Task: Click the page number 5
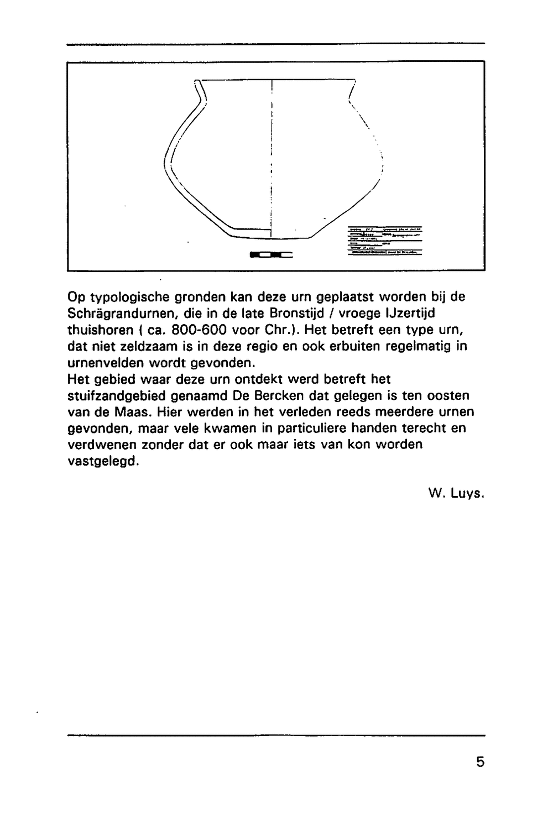click(479, 762)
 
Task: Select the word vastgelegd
click(102, 461)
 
